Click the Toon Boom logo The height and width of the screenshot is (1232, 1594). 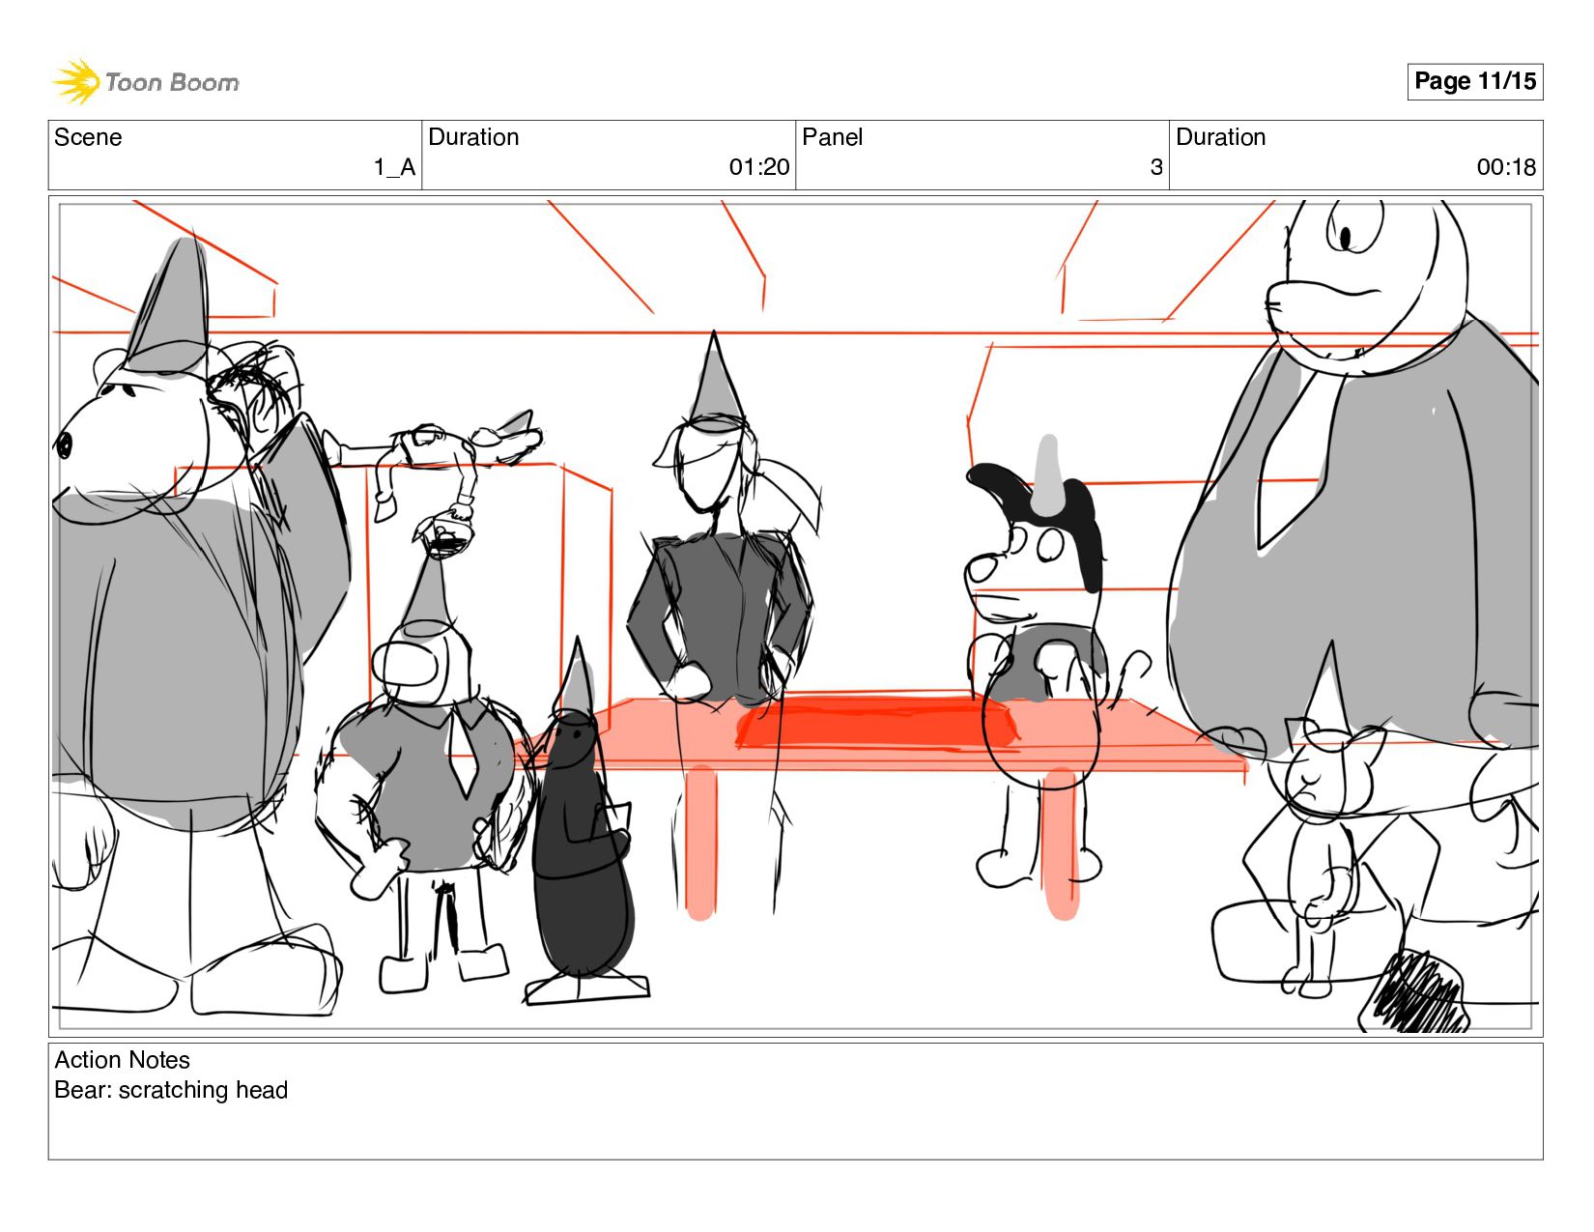click(146, 81)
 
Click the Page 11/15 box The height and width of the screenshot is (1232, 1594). click(1474, 81)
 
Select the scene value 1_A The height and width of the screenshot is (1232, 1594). click(395, 167)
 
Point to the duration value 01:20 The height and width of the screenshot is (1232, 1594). click(759, 167)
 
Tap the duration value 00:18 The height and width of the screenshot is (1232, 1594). click(1507, 167)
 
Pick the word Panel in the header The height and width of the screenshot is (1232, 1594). click(832, 137)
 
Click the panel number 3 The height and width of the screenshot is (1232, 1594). click(1156, 167)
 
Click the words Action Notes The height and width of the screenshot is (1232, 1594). click(122, 1060)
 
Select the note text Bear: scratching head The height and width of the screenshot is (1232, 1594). click(171, 1090)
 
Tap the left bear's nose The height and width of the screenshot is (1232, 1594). click(64, 444)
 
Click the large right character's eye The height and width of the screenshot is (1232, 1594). click(1346, 237)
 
